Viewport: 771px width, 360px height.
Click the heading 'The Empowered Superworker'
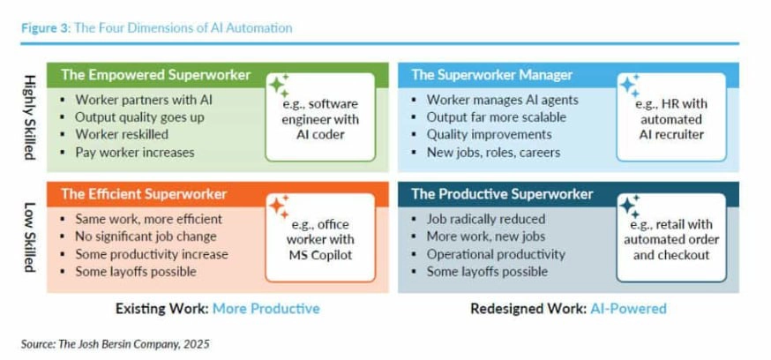pos(156,75)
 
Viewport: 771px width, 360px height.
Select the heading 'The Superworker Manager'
pos(492,75)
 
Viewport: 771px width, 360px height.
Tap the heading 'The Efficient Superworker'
pos(144,194)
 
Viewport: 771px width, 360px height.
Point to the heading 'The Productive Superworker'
pos(503,194)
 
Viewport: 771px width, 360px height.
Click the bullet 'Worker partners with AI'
pos(144,100)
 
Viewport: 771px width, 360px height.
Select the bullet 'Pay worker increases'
pos(135,152)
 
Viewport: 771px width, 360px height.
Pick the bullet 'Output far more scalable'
pos(496,117)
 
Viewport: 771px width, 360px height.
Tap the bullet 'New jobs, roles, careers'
pos(493,152)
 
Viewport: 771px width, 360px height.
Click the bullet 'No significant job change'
pos(146,236)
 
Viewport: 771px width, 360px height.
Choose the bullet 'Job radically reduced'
pos(486,219)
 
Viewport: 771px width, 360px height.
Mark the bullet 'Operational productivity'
pos(496,254)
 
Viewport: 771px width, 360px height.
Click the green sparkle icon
pos(279,86)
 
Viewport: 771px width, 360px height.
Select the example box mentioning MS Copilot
pos(320,237)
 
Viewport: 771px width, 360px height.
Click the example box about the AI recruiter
pos(671,117)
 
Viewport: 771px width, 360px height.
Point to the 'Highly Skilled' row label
pos(30,117)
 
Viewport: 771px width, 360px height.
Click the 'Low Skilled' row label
pos(30,237)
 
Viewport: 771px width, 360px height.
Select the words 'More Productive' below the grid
pos(266,308)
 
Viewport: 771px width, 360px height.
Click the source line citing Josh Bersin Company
pos(115,344)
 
